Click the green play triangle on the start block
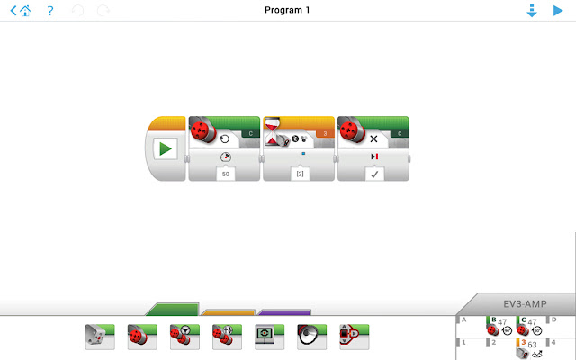166,149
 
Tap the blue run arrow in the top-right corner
557,11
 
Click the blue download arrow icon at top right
532,11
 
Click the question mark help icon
50,11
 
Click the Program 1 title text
287,10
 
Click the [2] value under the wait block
299,173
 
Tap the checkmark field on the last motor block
373,173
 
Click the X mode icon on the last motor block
373,139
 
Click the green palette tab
171,309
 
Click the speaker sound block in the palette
311,336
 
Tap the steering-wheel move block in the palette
184,336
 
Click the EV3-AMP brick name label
526,304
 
